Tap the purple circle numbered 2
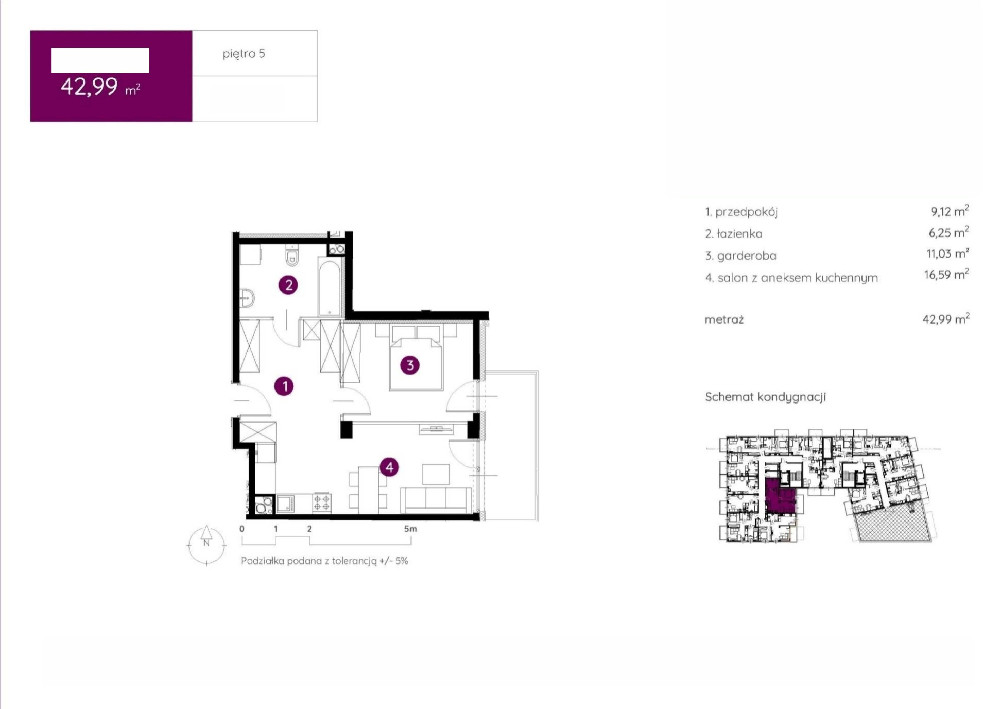click(x=288, y=285)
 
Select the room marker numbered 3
click(x=410, y=365)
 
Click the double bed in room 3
click(x=416, y=357)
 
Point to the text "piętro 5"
click(x=244, y=54)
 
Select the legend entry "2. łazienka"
click(x=734, y=234)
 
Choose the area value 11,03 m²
click(x=948, y=253)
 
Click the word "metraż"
click(x=724, y=320)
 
